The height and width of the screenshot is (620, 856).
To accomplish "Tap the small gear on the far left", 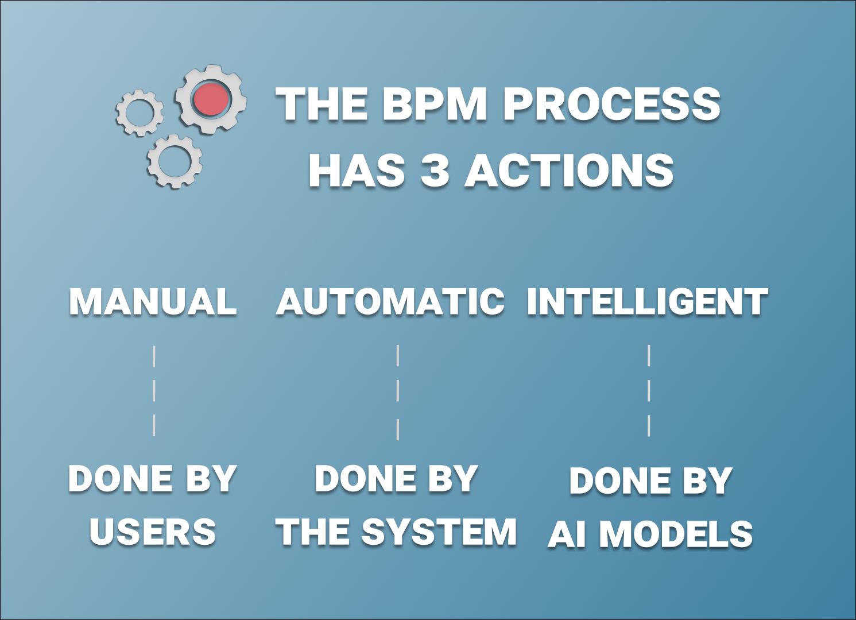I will pos(140,113).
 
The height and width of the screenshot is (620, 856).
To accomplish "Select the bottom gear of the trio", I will pos(174,161).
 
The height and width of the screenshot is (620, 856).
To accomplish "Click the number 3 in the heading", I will pos(435,170).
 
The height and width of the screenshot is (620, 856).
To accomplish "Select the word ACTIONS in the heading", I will pos(569,170).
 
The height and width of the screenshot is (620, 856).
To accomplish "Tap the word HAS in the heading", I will pos(357,170).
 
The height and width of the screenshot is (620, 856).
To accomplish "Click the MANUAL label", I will pos(153,301).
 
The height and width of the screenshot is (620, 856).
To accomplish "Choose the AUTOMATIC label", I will pos(390,301).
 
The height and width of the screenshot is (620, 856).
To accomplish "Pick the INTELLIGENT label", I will pos(647,301).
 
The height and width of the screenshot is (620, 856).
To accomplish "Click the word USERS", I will pos(153,532).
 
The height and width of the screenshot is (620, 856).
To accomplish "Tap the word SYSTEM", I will pos(439,532).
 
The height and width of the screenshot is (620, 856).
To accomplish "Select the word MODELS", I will pos(676,534).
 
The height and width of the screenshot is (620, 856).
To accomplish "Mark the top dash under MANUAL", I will pos(154,356).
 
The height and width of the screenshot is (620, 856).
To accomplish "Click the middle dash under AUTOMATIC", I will pos(397,391).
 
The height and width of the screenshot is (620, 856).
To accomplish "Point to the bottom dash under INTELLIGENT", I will pos(649,426).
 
